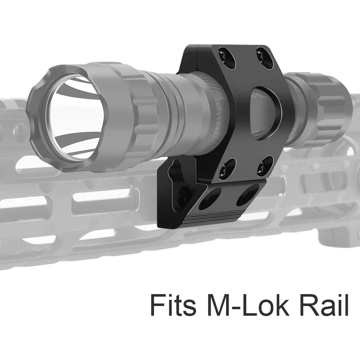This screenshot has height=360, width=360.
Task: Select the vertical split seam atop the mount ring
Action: pyautogui.click(x=196, y=54)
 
